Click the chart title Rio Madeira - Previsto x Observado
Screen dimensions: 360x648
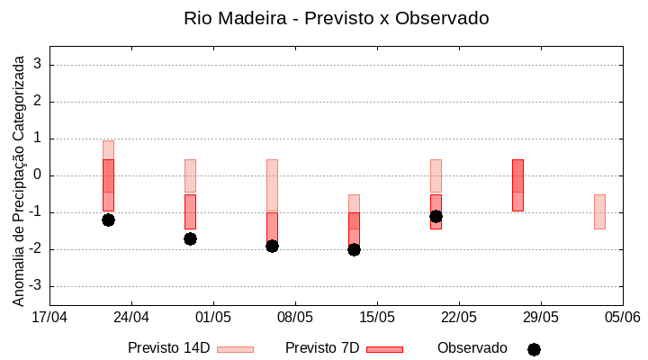click(x=336, y=18)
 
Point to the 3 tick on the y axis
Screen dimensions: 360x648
click(x=38, y=65)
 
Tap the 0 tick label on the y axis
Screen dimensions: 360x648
click(x=38, y=175)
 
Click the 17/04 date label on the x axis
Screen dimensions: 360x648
click(x=49, y=317)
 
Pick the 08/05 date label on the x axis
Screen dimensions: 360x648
click(x=295, y=317)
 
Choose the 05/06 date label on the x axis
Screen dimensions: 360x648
click(x=622, y=317)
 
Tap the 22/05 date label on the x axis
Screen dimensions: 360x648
click(x=459, y=317)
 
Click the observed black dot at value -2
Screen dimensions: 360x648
click(x=354, y=249)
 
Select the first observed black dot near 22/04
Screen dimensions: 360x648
click(x=108, y=220)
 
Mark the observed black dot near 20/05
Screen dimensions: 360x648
click(x=436, y=216)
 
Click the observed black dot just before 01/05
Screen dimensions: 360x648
click(x=190, y=238)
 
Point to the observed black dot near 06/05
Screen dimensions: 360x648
click(x=272, y=246)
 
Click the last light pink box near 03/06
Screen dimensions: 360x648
click(x=599, y=211)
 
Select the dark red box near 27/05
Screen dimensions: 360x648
click(x=517, y=184)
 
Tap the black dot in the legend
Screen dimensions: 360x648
click(x=534, y=349)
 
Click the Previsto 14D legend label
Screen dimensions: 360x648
click(x=168, y=348)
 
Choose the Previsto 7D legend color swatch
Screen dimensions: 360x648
click(x=384, y=349)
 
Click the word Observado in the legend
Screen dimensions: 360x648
click(x=472, y=348)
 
